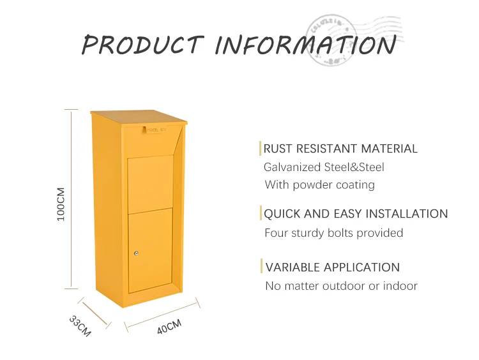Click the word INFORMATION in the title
[x=305, y=45]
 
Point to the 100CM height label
[x=61, y=203]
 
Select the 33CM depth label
[x=80, y=326]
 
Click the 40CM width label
[x=169, y=327]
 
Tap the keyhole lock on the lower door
[x=136, y=253]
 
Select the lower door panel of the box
[x=150, y=249]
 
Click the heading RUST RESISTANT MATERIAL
[x=341, y=149]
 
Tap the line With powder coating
[x=320, y=185]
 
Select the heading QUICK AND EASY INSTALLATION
[x=356, y=214]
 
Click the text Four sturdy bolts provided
[x=333, y=233]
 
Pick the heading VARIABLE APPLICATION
[x=333, y=267]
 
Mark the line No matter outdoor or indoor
[x=341, y=285]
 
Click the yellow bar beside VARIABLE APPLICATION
[x=261, y=267]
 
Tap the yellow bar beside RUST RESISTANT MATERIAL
[x=260, y=149]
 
